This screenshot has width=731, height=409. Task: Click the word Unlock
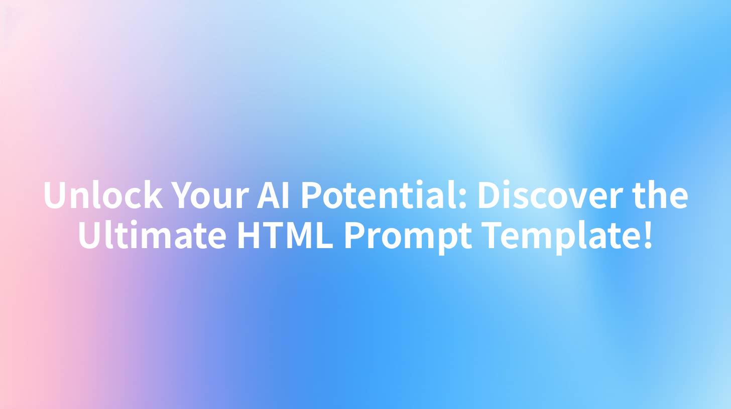click(x=103, y=195)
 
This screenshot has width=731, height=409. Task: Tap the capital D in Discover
click(x=491, y=195)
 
